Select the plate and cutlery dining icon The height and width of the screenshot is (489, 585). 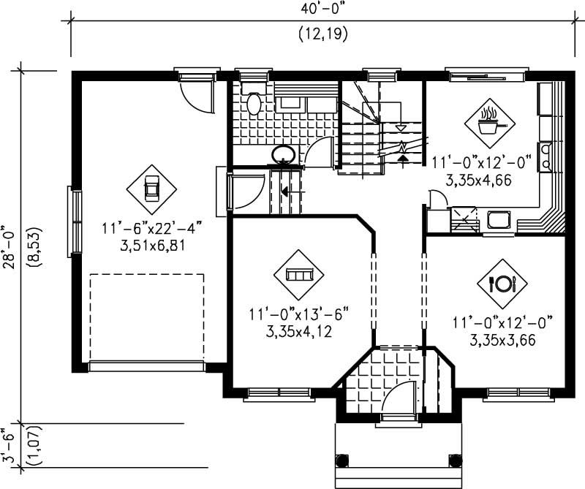[502, 283]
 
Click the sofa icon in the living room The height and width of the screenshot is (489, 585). [298, 275]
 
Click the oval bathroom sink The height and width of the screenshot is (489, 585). [284, 154]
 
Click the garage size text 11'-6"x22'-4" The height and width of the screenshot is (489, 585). [152, 229]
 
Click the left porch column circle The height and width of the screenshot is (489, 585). [341, 460]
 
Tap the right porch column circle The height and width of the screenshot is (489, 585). [455, 460]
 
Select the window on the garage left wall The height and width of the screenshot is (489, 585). [74, 221]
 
